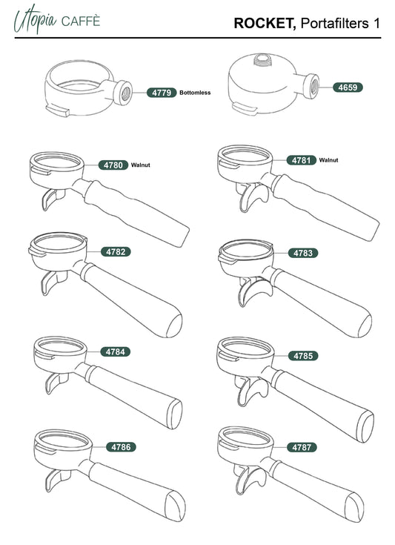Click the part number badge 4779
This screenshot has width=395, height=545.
162,93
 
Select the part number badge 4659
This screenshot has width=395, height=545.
348,87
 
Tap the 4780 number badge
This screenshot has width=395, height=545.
113,165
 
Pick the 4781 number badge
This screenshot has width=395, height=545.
301,160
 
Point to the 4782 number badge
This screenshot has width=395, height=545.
116,251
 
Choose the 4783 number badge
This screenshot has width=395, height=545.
303,253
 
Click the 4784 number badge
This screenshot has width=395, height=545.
116,351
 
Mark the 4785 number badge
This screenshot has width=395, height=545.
303,356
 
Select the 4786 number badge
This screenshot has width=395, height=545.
121,447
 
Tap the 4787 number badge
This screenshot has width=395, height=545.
302,447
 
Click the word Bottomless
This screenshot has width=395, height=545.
195,93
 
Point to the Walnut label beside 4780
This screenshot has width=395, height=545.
140,165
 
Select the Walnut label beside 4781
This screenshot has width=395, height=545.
328,160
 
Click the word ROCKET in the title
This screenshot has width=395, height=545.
265,24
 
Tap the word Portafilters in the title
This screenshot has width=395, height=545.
334,24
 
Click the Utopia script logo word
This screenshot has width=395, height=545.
35,20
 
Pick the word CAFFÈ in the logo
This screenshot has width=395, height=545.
81,22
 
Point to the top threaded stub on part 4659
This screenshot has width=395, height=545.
263,60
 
